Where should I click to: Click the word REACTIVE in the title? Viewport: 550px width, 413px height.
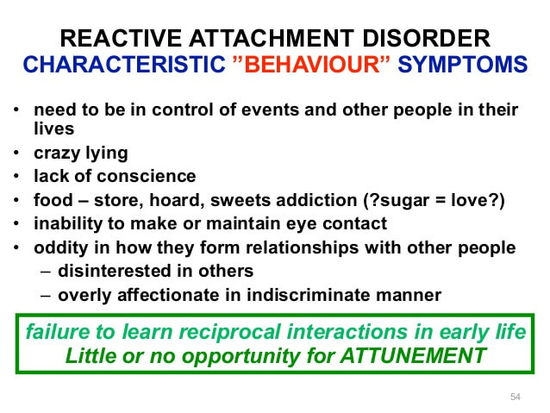pos(121,38)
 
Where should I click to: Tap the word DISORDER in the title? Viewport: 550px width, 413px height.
pos(426,38)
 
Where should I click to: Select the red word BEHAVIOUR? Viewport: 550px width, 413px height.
pos(311,64)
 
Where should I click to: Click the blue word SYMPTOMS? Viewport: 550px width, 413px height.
pos(463,64)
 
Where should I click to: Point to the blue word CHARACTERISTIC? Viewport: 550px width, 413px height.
pos(124,64)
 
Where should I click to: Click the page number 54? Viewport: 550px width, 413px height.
pos(516,397)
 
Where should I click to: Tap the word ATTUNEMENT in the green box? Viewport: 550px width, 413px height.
pos(413,356)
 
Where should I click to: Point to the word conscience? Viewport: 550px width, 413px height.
pos(147,176)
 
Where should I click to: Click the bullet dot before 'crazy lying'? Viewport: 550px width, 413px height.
pos(16,153)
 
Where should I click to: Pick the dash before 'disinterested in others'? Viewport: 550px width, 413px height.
pos(46,272)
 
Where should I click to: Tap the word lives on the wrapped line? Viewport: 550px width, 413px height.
pos(54,128)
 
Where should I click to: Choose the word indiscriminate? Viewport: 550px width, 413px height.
pos(309,295)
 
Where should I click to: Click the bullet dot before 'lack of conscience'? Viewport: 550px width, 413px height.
pos(16,176)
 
